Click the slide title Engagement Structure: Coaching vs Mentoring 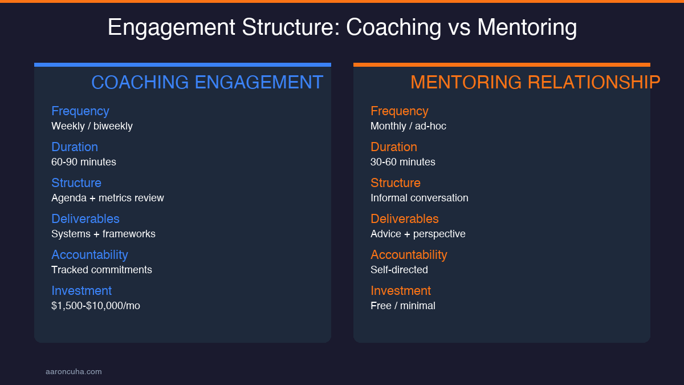[342, 27]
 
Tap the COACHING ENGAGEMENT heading [207, 83]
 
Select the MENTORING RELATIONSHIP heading [535, 83]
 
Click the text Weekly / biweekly [92, 126]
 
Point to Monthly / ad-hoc [408, 126]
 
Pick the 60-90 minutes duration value [84, 162]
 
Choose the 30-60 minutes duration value [403, 162]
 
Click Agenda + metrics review [108, 198]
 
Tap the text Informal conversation [420, 198]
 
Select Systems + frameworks [103, 234]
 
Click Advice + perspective [418, 234]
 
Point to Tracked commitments [101, 270]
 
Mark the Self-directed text [399, 270]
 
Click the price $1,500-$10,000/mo [96, 306]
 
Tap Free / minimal [403, 306]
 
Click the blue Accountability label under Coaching [89, 255]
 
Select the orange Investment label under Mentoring [401, 291]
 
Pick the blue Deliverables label [85, 219]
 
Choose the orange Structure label [396, 183]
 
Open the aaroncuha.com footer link [74, 372]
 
